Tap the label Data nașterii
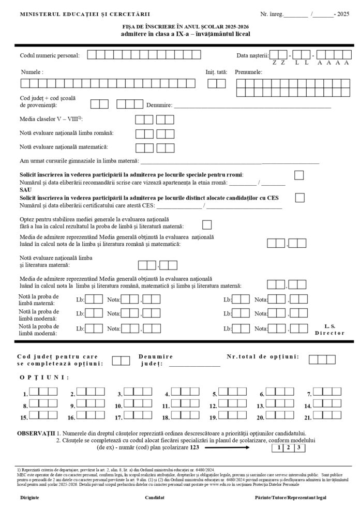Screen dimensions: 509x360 (x=252, y=55)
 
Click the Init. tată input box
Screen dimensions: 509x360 (x=216, y=83)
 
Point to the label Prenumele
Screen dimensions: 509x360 (x=249, y=72)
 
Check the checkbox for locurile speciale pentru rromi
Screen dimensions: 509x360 (x=299, y=175)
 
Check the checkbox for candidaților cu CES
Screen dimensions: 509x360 (x=299, y=197)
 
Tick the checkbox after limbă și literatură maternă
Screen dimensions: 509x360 (x=207, y=224)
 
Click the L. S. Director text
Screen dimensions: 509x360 (x=329, y=330)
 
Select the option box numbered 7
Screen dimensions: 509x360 (x=327, y=392)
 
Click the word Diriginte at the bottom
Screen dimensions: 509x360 (x=29, y=497)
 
